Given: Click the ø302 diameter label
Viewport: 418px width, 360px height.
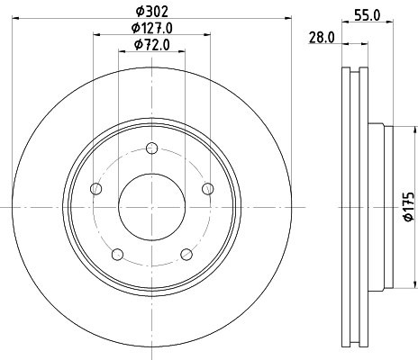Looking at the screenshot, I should pyautogui.click(x=151, y=10).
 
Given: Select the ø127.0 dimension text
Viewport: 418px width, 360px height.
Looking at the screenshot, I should pyautogui.click(x=151, y=28).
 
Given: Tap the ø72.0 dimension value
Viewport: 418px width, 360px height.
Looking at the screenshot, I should pyautogui.click(x=151, y=44).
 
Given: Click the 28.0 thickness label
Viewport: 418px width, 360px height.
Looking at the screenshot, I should pyautogui.click(x=321, y=37).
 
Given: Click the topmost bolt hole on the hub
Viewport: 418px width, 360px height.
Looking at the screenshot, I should pyautogui.click(x=151, y=149).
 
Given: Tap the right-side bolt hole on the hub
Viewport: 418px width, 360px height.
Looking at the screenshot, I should pyautogui.click(x=207, y=188).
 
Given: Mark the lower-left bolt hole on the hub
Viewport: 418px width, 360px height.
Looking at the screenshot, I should pyautogui.click(x=116, y=254).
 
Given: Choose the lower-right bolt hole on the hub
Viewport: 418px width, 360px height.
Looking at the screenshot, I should pyautogui.click(x=186, y=254).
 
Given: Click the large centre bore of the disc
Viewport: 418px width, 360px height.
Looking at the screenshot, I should pyautogui.click(x=151, y=206).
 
